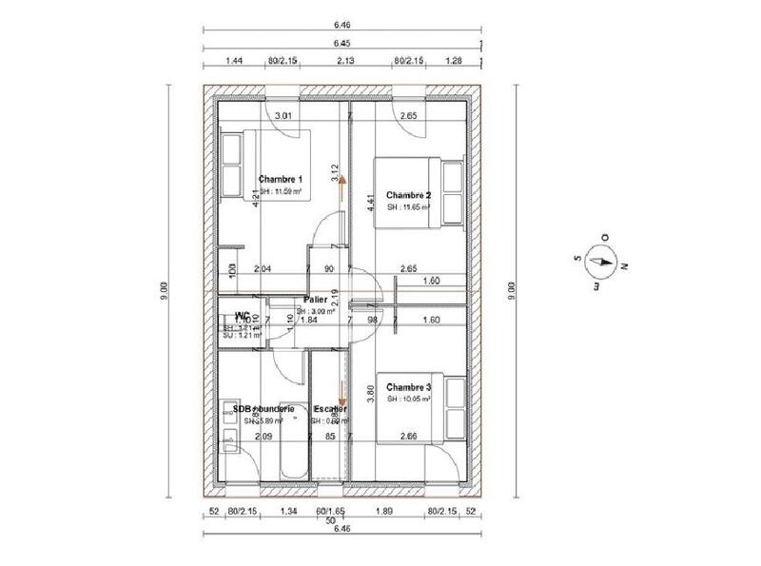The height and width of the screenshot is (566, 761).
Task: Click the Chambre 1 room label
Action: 281,179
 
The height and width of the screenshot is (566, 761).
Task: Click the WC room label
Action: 243,315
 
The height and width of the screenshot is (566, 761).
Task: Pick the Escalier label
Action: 329,409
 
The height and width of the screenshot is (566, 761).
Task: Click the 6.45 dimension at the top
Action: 341,43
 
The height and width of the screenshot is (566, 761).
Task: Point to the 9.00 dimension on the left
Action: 164,285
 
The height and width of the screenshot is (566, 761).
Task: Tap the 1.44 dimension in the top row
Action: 234,61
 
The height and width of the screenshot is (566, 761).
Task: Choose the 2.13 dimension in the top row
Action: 346,61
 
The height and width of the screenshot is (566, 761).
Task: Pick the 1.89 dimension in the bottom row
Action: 383,512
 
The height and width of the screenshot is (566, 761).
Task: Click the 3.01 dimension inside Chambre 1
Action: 283,116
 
